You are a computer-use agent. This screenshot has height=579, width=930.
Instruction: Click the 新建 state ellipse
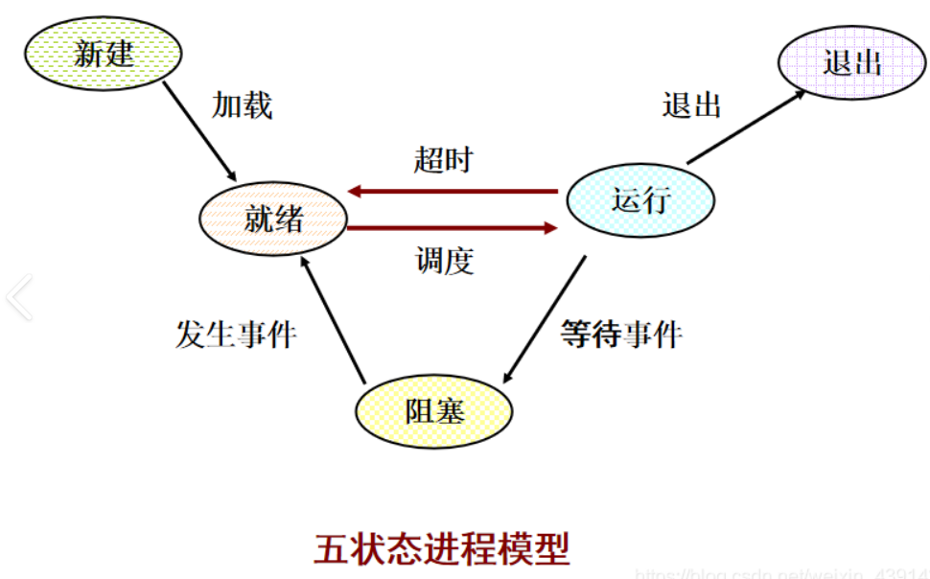pos(103,53)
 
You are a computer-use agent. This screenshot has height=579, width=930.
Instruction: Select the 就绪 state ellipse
pos(274,220)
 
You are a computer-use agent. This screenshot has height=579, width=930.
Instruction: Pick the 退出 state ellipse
pos(851,63)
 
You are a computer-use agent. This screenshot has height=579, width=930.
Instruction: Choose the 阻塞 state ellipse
pos(433,411)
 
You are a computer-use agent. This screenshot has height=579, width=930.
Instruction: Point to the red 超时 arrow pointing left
pos(452,192)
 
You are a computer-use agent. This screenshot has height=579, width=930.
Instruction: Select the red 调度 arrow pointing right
pos(452,228)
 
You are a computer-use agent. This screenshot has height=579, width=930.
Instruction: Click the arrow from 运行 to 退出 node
pos(746,127)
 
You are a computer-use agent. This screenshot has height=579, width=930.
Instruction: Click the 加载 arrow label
pos(243,104)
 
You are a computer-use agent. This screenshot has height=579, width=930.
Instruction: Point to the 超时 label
pos(443,159)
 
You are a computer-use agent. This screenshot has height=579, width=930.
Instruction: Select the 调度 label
pos(445,261)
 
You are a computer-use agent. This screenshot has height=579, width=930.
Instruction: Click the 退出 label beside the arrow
pos(691,104)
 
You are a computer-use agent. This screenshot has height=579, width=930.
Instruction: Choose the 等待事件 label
pos(620,336)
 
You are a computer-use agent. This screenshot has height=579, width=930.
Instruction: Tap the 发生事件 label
pos(236,336)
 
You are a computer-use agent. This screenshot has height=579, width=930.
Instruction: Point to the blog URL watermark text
pos(781,573)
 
